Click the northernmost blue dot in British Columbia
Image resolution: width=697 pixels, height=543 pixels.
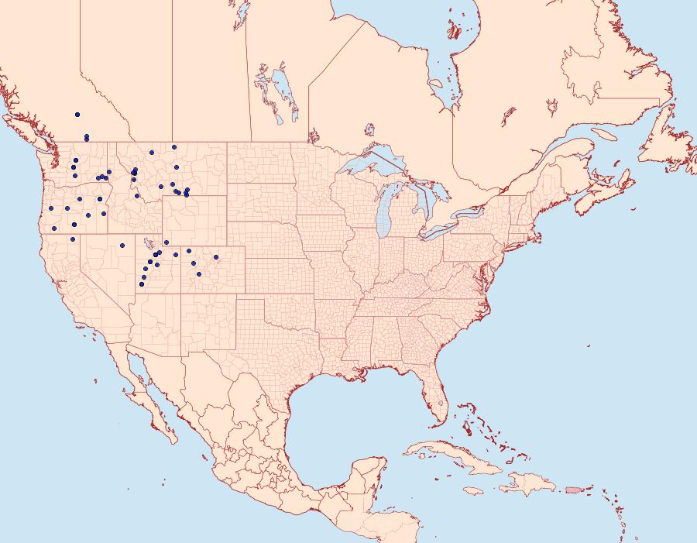(77, 115)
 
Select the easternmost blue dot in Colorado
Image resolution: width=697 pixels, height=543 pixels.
(216, 257)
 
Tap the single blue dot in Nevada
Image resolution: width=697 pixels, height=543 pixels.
(122, 246)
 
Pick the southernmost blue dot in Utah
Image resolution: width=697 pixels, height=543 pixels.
(142, 284)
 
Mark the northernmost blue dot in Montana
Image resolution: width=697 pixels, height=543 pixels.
(174, 146)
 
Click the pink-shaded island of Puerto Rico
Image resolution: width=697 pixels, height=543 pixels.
(573, 490)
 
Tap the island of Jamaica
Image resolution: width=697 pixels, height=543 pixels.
(473, 490)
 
